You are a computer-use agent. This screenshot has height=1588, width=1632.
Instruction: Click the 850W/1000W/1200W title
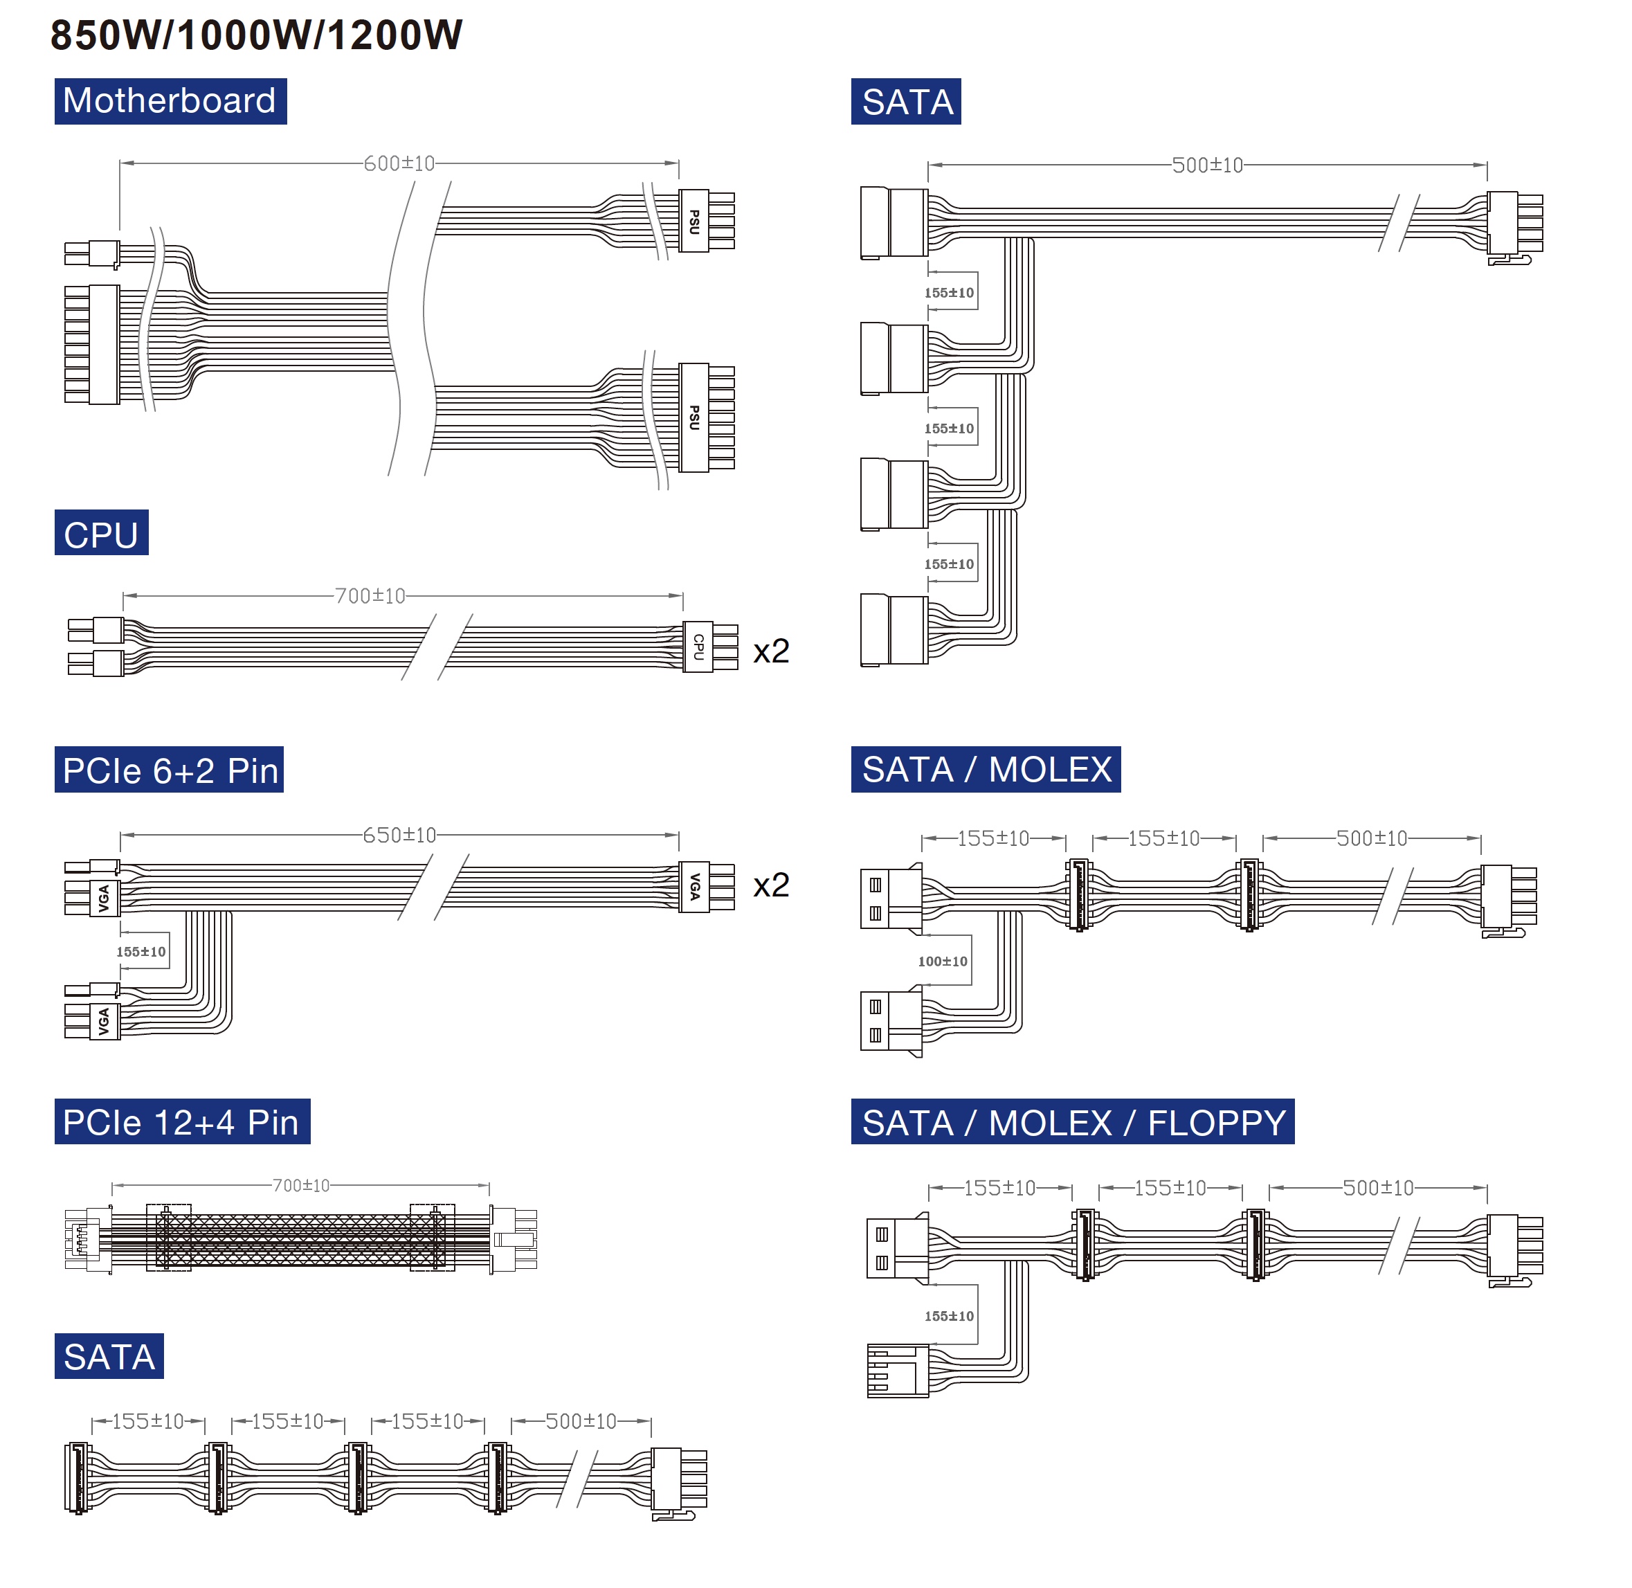[x=256, y=35]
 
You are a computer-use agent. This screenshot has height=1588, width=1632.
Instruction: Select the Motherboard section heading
[x=170, y=101]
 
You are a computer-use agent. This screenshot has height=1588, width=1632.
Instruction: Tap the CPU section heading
[x=101, y=534]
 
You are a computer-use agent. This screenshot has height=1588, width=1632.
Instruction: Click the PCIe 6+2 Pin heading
[x=170, y=770]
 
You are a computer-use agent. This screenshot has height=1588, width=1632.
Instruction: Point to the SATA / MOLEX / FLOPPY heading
[x=1073, y=1123]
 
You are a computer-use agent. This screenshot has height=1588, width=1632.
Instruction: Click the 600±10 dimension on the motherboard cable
[x=399, y=163]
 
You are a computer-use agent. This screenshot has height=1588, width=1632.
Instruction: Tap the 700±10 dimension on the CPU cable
[x=370, y=595]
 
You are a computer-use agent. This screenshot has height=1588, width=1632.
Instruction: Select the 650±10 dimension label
[x=399, y=835]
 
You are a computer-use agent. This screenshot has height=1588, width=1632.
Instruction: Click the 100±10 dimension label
[x=943, y=962]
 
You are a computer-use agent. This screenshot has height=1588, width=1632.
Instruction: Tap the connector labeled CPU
[x=699, y=647]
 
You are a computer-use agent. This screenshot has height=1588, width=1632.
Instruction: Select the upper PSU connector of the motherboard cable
[x=693, y=221]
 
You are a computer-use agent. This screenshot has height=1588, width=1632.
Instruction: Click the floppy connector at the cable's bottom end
[x=897, y=1371]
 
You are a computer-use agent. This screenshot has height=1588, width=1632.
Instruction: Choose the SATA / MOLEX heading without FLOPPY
[x=986, y=769]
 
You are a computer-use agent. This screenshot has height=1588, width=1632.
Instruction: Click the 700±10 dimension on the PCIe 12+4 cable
[x=301, y=1185]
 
